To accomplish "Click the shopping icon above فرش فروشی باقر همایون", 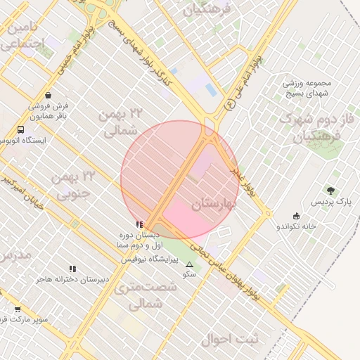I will (x=47, y=95).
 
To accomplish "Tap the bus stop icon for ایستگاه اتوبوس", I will (x=21, y=130).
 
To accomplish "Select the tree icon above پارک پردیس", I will (x=331, y=191).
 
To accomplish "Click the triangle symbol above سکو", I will (x=189, y=265).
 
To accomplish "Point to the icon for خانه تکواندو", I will (x=296, y=216).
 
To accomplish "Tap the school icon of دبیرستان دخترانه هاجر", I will (x=72, y=269).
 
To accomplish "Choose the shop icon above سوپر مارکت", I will (x=18, y=309).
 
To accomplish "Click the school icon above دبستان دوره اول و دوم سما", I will (x=139, y=224).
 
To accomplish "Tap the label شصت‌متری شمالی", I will (x=138, y=295).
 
